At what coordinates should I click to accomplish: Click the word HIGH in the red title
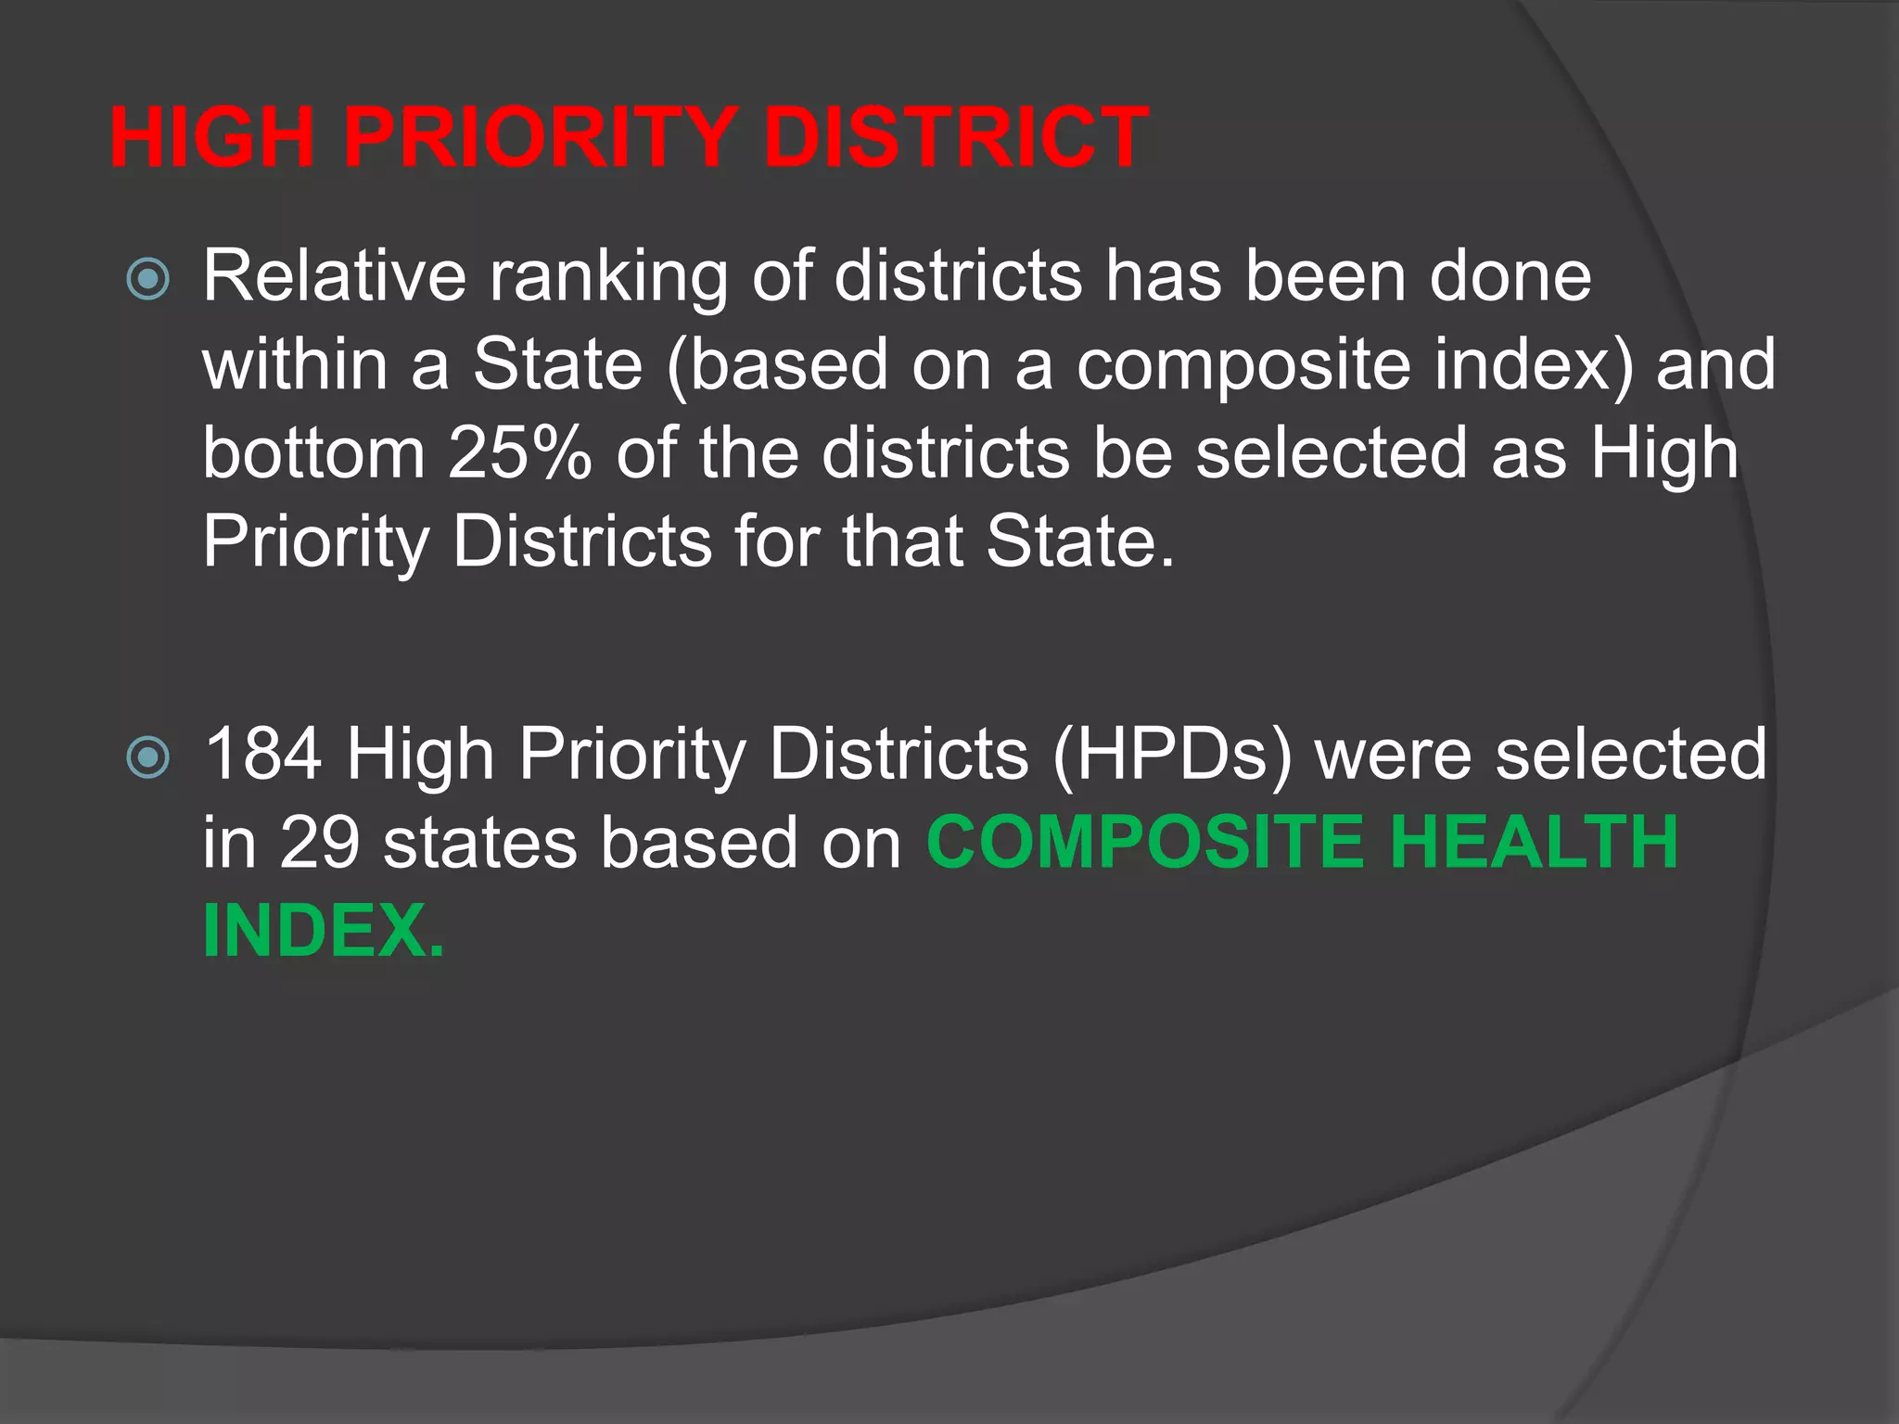[212, 138]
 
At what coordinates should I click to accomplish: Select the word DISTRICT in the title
[956, 138]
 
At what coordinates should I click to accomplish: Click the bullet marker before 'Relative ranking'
[148, 279]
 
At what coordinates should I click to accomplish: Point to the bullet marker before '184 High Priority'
[148, 757]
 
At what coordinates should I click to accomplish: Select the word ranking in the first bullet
[608, 279]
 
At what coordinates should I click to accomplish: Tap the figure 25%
[519, 453]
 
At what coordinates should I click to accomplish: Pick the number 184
[263, 754]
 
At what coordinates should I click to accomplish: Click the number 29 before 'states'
[319, 843]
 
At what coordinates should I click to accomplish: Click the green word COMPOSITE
[1146, 843]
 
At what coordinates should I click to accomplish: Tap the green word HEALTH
[1535, 843]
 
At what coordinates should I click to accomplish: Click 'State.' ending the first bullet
[1080, 541]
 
